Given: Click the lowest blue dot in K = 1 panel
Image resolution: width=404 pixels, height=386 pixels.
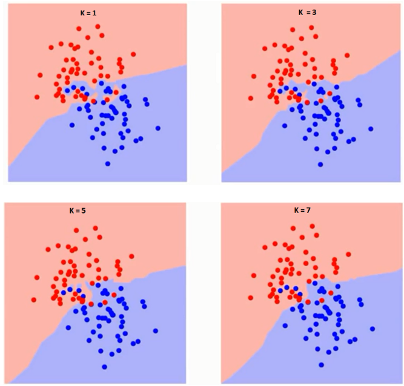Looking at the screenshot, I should tap(108, 164).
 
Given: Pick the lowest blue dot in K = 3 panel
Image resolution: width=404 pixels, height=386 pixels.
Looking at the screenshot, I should tap(321, 164).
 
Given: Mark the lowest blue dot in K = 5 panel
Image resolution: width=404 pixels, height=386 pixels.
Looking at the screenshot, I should tap(105, 366).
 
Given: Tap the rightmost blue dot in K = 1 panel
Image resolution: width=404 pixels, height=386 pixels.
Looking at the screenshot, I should tap(158, 128).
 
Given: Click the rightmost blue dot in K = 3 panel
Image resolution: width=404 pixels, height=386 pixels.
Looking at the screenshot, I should tap(371, 128).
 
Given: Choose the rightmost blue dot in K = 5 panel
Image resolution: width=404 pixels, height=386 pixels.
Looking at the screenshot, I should tap(156, 330).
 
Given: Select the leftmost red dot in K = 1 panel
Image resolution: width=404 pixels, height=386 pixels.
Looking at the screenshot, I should tap(37, 97).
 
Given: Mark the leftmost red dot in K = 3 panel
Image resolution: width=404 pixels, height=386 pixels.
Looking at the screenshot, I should tap(251, 97).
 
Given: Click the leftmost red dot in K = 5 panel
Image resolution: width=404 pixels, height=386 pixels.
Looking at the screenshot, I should tap(34, 299).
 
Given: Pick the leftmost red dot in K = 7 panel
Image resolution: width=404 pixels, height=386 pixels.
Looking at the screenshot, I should tap(251, 299).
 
